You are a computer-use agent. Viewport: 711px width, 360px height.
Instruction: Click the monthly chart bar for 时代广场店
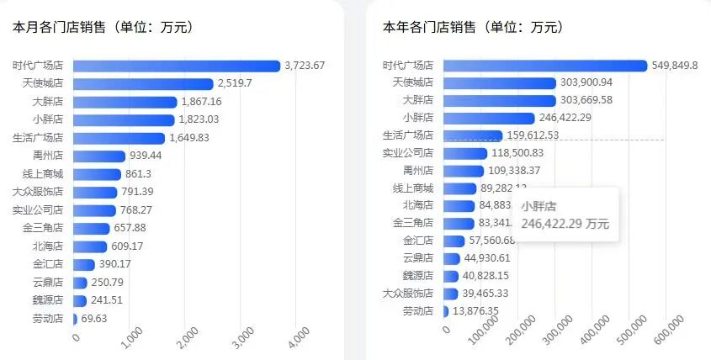177,66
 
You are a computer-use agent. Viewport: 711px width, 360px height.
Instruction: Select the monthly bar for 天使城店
143,83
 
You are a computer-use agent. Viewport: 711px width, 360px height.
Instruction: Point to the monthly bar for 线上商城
97,174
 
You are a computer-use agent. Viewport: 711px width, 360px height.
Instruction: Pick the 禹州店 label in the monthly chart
49,156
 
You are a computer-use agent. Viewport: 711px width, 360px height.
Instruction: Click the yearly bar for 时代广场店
544,66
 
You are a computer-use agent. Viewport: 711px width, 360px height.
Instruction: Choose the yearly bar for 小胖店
488,118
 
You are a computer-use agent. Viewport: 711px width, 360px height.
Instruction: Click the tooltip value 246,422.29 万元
565,224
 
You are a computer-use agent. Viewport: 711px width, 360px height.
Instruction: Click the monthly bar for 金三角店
91,228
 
